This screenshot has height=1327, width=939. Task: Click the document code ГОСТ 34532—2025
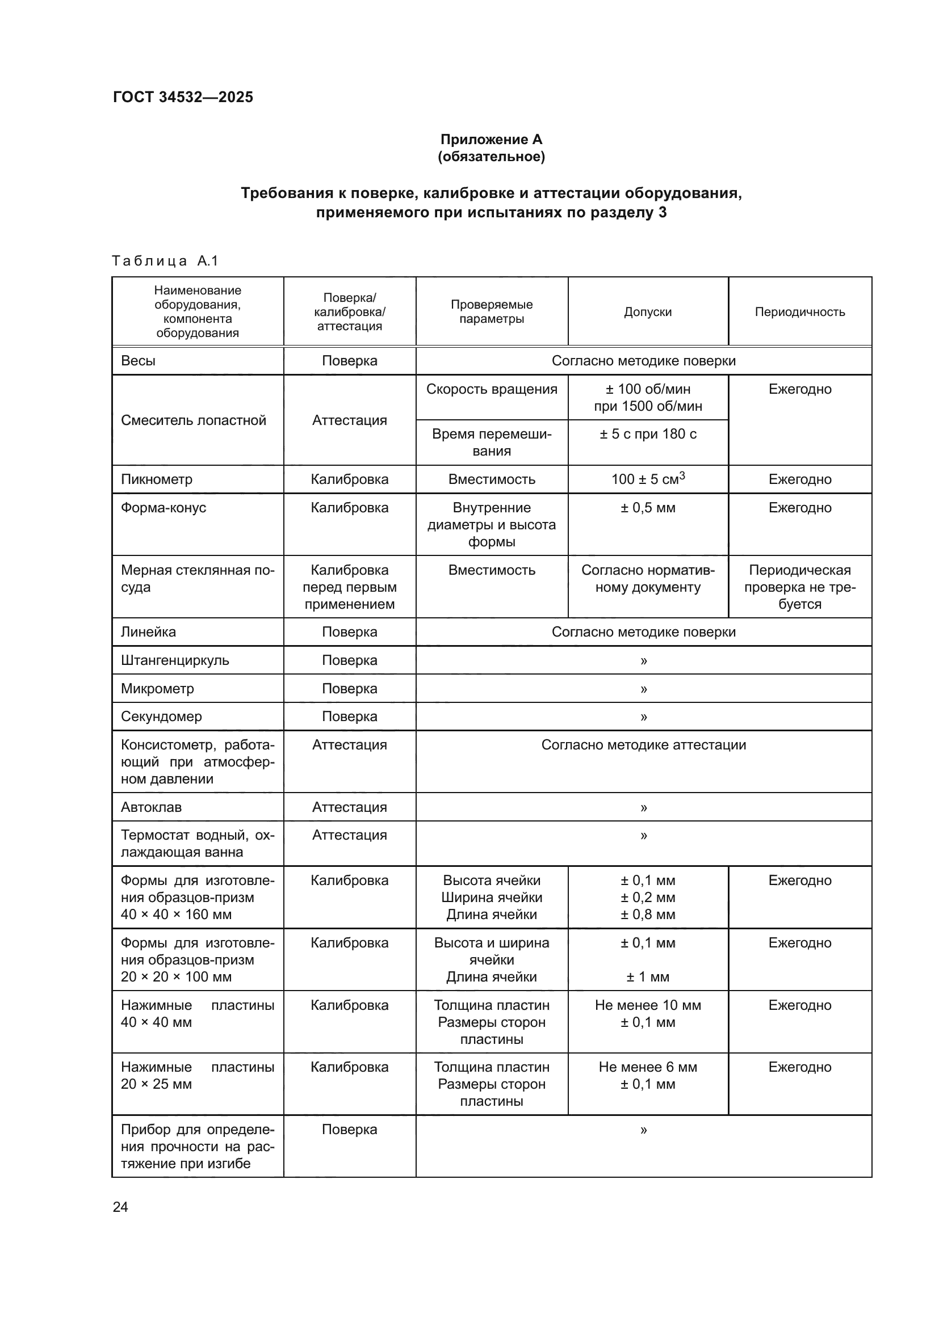[183, 97]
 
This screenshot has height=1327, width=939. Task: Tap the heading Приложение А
[491, 140]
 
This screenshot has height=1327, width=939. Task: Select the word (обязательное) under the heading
[491, 157]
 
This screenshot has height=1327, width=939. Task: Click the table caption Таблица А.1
[165, 261]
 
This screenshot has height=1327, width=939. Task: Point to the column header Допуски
[648, 312]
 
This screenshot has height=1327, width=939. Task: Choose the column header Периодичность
[800, 312]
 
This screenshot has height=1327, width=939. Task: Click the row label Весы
[138, 361]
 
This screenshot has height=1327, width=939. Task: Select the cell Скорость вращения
[492, 390]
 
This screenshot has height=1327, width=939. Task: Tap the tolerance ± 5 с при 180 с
[648, 434]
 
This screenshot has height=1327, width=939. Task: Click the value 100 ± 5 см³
[648, 479]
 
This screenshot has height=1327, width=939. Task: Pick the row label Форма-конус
[164, 508]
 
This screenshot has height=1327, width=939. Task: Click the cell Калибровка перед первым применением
[349, 587]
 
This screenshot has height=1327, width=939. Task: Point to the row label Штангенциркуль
[175, 660]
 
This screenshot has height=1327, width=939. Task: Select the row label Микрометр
[157, 689]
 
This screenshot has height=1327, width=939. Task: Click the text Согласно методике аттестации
[643, 745]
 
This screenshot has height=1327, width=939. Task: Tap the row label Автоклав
[151, 807]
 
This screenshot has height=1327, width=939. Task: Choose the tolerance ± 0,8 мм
[648, 915]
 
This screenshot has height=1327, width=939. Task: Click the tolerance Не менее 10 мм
[648, 1006]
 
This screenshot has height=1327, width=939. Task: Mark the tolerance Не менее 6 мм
[648, 1068]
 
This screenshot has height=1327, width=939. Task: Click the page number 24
[120, 1207]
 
